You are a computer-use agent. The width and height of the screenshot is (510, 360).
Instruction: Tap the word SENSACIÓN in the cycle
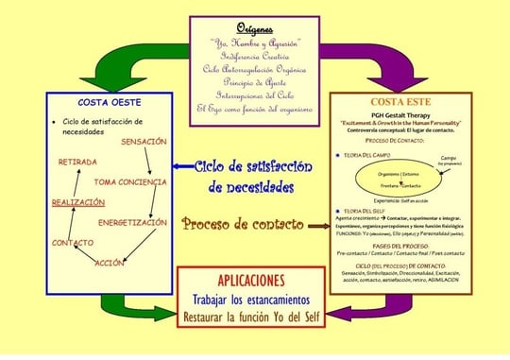pyautogui.click(x=144, y=141)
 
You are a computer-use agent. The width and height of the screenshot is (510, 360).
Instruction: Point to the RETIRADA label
pyautogui.click(x=78, y=163)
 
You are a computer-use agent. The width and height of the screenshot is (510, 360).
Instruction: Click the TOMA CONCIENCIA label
pyautogui.click(x=130, y=181)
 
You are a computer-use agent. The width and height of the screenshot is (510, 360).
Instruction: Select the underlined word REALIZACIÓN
pyautogui.click(x=77, y=202)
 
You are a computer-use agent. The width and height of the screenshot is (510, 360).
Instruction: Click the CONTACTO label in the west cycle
pyautogui.click(x=72, y=243)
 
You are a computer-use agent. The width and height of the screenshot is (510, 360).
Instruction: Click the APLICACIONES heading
pyautogui.click(x=251, y=281)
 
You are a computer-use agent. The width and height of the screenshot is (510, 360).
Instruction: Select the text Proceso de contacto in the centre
pyautogui.click(x=243, y=225)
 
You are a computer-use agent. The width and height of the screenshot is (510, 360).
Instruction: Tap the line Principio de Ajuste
pyautogui.click(x=254, y=82)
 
